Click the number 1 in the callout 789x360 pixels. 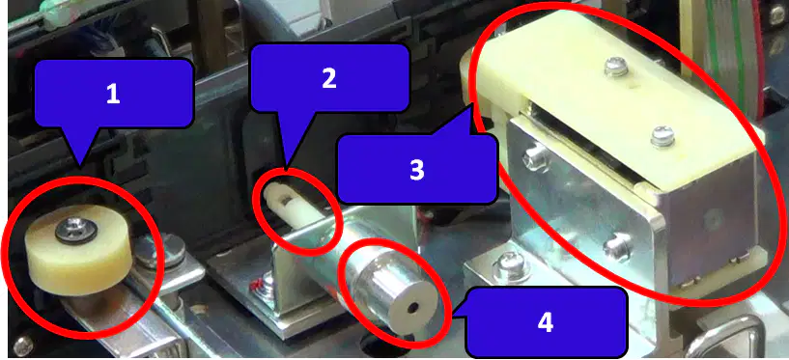coord(113,94)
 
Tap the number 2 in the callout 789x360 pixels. coord(329,78)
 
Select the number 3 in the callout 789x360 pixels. coord(417,170)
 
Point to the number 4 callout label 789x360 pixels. coord(546,321)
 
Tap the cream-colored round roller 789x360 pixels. coord(78,248)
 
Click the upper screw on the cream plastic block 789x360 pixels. coord(616,67)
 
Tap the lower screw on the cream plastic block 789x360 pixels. coord(662,136)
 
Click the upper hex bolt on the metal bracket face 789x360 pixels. coord(535,155)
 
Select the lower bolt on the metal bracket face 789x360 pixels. coord(618,247)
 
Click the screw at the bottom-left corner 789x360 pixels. coord(22,345)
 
